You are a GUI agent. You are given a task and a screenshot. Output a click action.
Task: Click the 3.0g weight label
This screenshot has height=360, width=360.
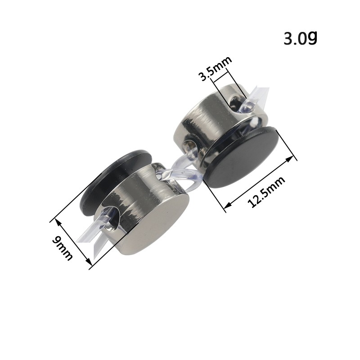[300, 38]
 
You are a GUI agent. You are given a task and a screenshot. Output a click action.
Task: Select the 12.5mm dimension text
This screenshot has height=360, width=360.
[267, 192]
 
